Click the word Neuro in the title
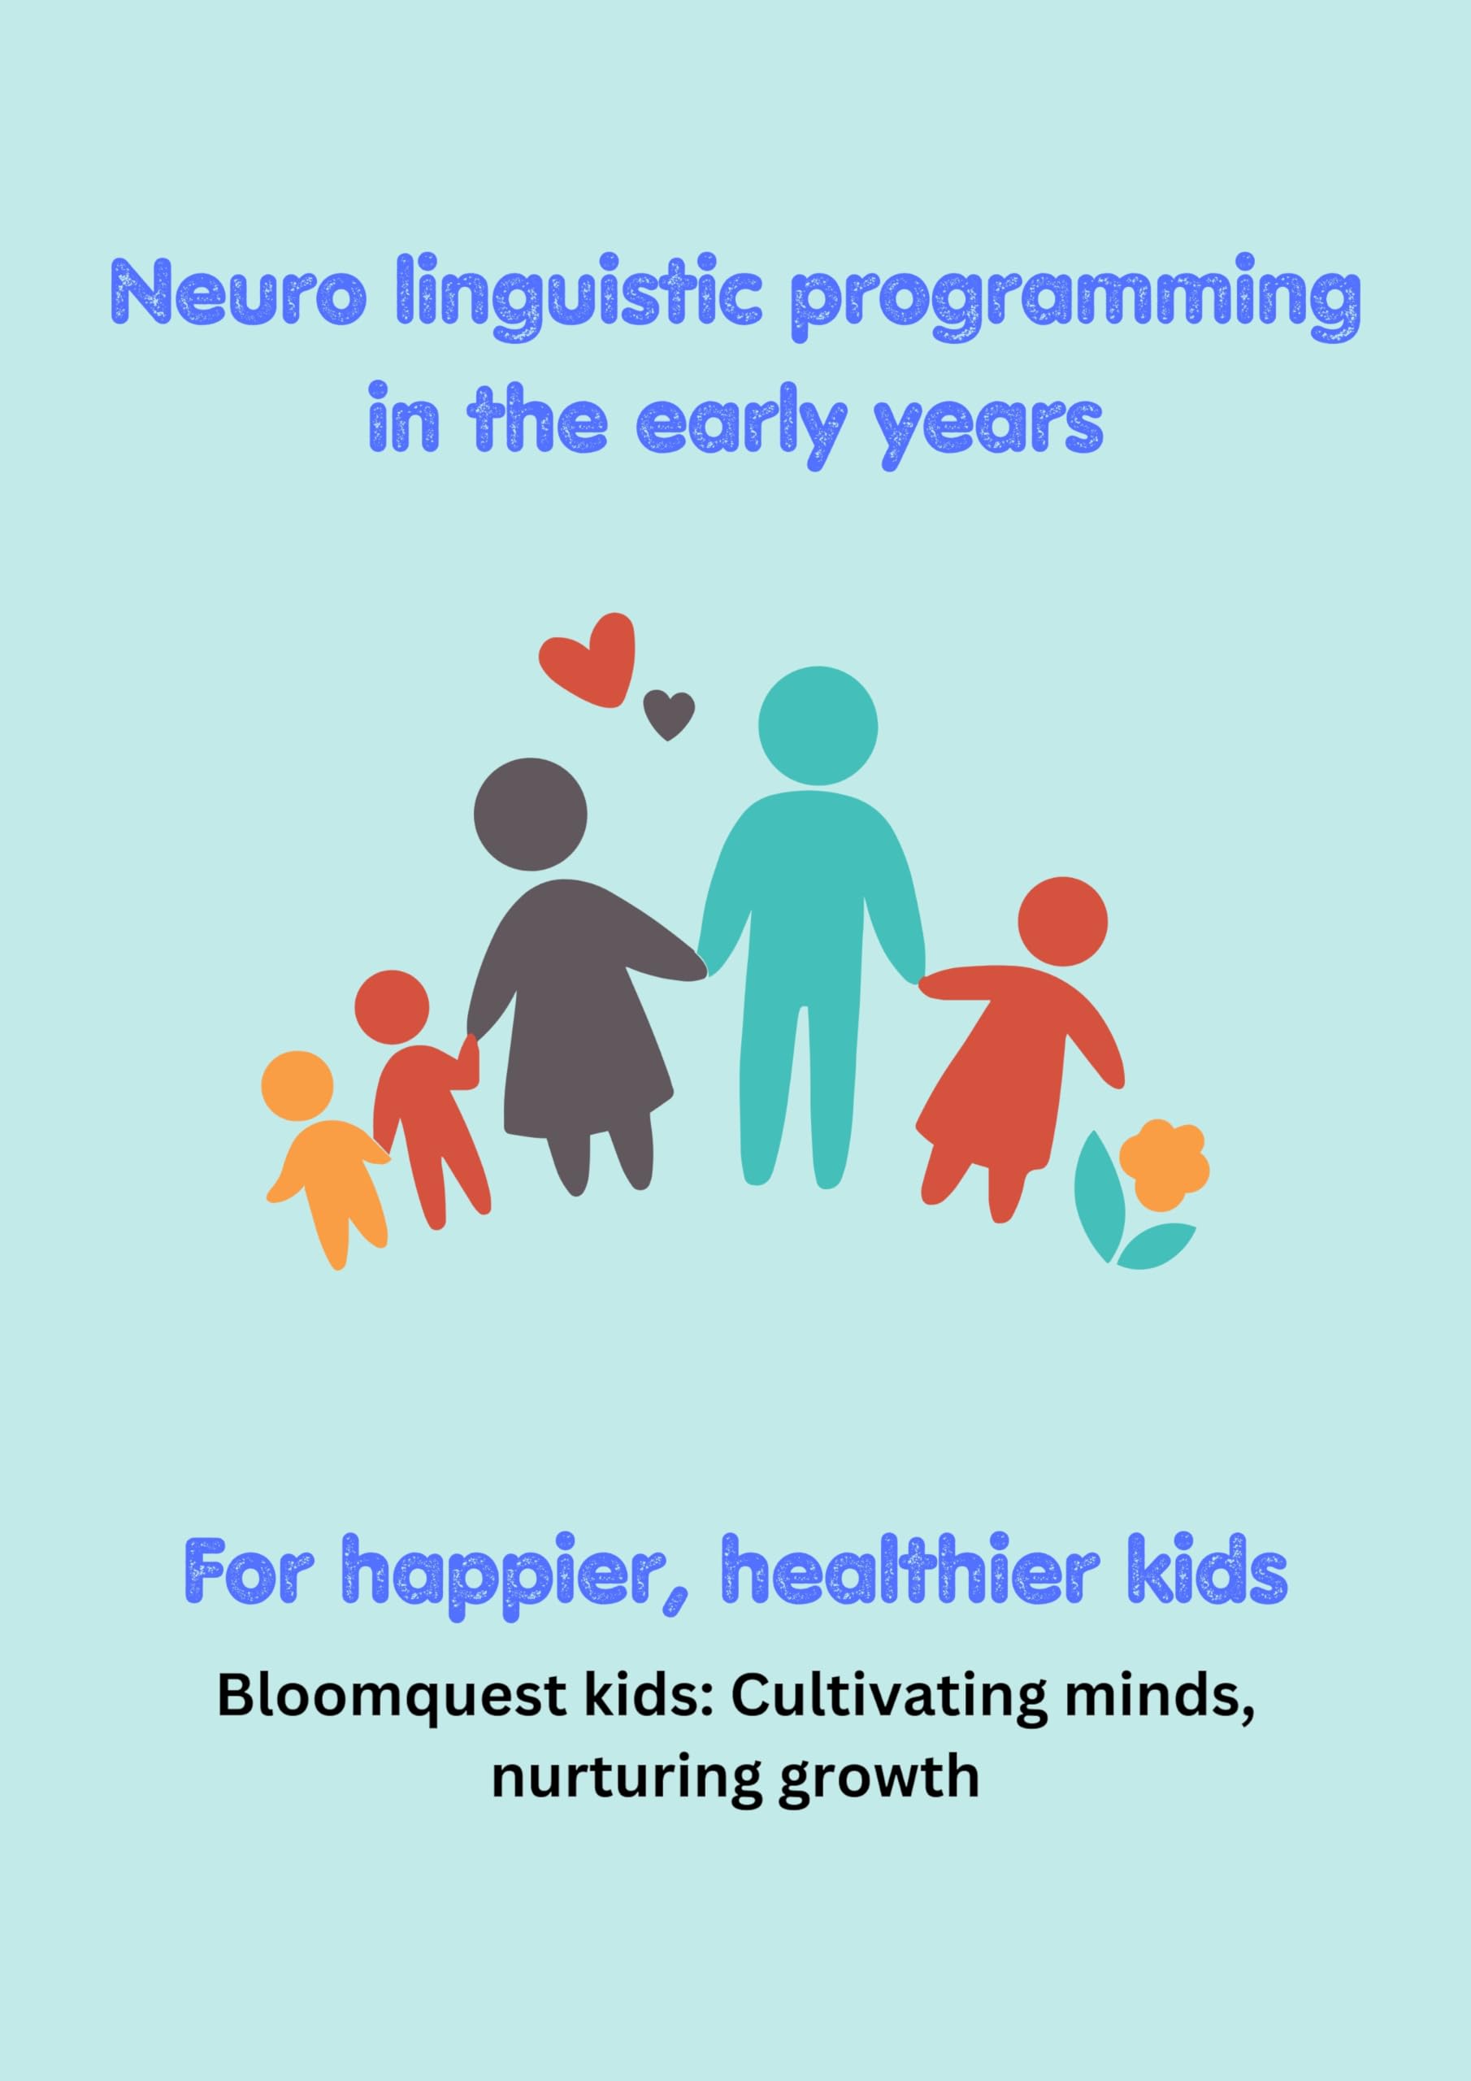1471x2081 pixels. [238, 292]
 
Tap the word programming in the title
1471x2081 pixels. [1076, 294]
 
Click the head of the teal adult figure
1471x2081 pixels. [818, 726]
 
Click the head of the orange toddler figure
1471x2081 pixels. [297, 1086]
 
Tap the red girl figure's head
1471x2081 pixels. [1062, 922]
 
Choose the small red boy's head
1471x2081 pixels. [392, 1008]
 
